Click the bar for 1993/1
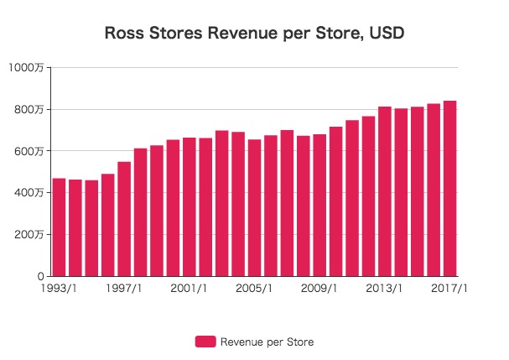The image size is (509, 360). (x=59, y=227)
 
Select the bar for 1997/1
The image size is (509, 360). (x=124, y=219)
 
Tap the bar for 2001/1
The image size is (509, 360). (x=190, y=207)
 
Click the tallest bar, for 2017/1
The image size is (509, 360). (x=449, y=189)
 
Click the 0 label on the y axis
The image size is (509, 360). (x=40, y=276)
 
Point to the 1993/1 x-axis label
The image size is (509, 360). (x=59, y=289)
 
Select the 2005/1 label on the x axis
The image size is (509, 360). (x=254, y=289)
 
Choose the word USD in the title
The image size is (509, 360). (x=387, y=34)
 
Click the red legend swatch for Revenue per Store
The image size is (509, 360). (x=205, y=342)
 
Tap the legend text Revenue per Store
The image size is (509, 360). (x=267, y=342)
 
